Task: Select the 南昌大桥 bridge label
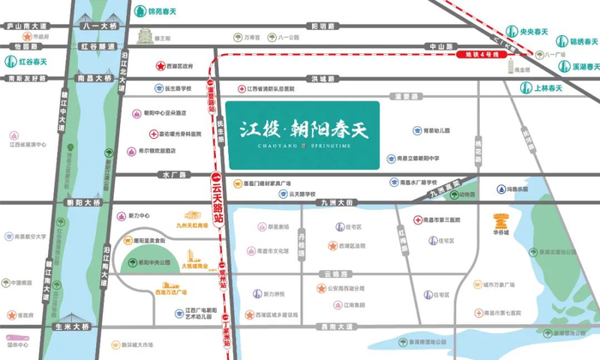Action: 96,78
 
